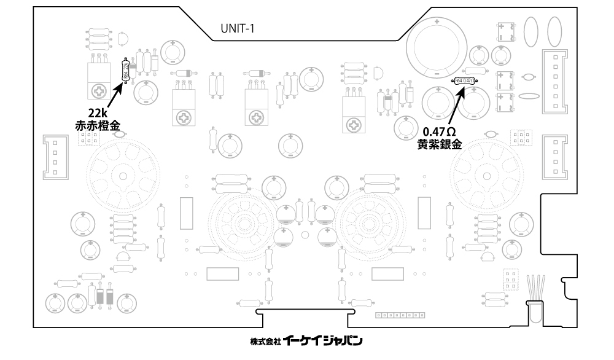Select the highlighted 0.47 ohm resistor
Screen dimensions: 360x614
point(464,80)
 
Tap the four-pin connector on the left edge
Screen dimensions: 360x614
point(53,157)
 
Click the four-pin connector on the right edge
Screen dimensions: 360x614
point(556,157)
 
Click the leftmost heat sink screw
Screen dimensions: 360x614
point(98,92)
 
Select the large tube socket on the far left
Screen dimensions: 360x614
point(122,176)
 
